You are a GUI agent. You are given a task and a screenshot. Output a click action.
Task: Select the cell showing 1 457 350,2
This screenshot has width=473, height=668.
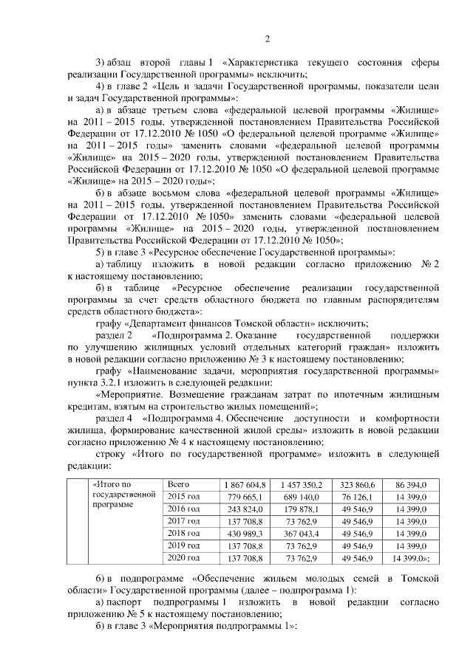tap(302, 484)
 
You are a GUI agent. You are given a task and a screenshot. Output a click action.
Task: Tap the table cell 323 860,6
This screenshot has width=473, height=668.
tap(358, 484)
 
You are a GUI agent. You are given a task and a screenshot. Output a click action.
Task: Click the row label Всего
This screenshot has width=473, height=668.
tap(180, 484)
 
